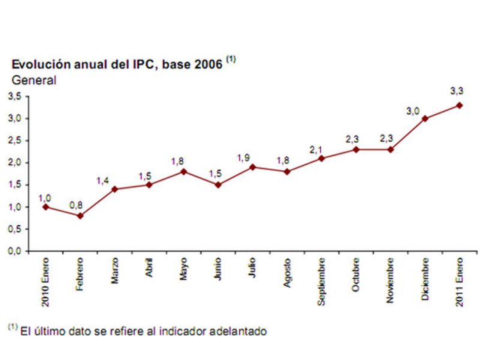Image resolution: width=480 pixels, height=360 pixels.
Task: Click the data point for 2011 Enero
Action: click(460, 105)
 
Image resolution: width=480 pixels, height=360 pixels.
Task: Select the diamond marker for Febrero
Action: click(80, 215)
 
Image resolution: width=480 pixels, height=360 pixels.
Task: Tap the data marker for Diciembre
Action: click(425, 118)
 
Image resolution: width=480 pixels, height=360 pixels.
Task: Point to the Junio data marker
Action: click(218, 185)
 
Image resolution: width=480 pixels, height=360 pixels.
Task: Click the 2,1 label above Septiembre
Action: click(316, 149)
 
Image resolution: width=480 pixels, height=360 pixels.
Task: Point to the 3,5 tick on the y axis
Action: click(14, 96)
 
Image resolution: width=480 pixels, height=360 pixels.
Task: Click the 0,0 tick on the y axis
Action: click(14, 251)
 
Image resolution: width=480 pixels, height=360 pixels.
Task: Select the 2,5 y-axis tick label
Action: click(14, 140)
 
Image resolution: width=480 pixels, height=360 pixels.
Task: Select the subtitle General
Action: click(34, 80)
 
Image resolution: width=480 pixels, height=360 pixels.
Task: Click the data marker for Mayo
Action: click(184, 172)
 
